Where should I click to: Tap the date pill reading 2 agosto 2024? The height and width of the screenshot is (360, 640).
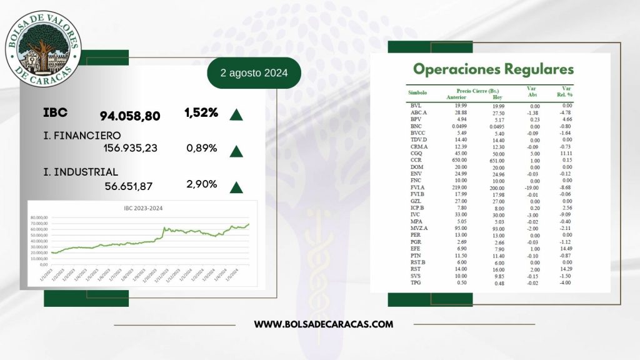tap(254, 73)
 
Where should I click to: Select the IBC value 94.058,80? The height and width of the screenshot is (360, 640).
tap(130, 116)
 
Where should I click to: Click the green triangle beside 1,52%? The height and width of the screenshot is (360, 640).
tap(236, 114)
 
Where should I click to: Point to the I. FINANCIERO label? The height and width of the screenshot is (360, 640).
tap(82, 134)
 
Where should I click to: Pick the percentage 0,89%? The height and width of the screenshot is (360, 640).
tap(201, 148)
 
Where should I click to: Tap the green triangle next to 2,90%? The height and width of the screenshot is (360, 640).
tap(236, 187)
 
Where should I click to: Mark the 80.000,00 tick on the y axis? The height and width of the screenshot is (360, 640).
tap(39, 216)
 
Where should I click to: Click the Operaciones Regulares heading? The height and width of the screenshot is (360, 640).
tap(493, 69)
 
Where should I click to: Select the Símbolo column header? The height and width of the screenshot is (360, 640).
tap(417, 92)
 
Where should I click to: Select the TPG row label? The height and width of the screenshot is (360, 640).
tap(416, 282)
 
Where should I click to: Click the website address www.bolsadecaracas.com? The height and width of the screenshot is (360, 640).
tap(324, 324)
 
